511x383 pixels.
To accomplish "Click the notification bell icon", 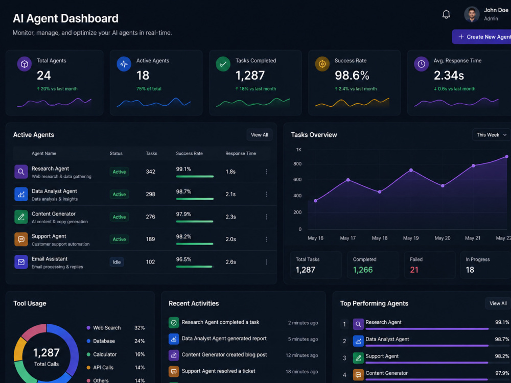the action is [446, 14].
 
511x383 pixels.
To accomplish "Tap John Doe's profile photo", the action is [472, 14].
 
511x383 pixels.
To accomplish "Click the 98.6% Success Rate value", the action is [352, 76].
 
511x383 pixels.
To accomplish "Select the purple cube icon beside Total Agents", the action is [25, 64].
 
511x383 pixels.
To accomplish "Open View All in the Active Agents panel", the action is [260, 135].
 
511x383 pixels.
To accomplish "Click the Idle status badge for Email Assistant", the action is [117, 262].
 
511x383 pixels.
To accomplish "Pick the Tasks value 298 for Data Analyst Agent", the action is [151, 194].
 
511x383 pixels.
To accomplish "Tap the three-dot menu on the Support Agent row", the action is [267, 239].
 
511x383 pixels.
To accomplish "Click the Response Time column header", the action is [241, 153].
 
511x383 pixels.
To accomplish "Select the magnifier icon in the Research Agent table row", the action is [21, 172].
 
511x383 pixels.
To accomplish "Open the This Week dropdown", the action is [492, 135].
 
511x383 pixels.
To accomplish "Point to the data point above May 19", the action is [411, 171].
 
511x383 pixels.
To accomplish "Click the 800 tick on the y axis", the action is [297, 164].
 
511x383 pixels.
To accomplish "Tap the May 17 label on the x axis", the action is [347, 238].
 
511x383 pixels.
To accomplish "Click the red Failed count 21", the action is [414, 270].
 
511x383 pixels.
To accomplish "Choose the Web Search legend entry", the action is [104, 328].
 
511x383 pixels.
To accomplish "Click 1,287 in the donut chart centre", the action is [47, 352].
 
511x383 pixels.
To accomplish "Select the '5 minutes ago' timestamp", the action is [303, 339].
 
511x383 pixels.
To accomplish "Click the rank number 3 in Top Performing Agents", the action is [344, 358].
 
